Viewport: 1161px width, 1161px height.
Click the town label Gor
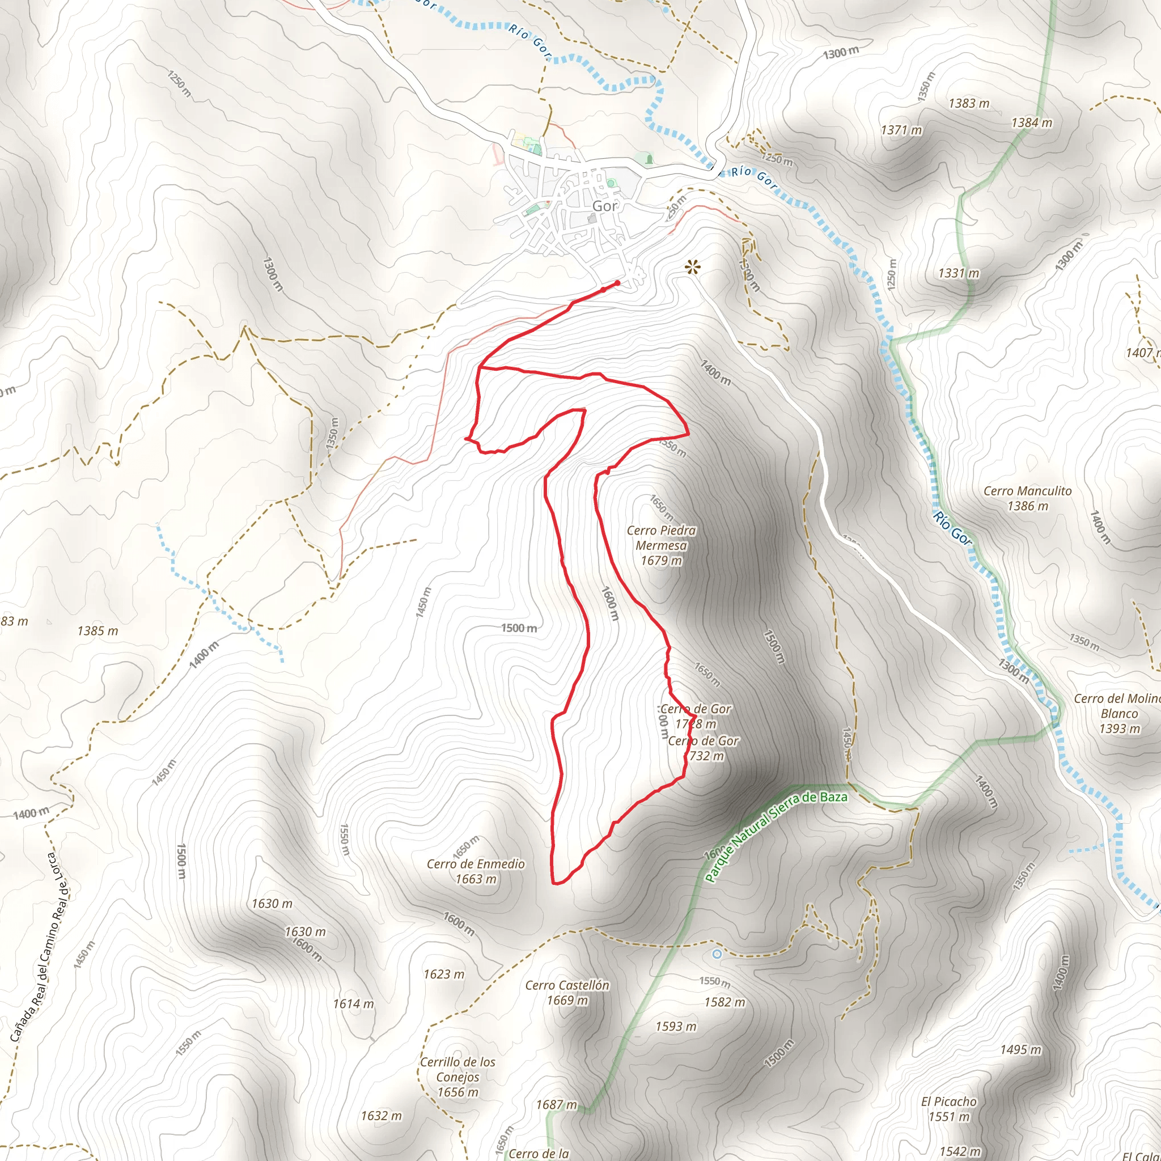604,206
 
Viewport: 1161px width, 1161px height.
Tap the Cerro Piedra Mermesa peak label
661,545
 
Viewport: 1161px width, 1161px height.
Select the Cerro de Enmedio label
475,871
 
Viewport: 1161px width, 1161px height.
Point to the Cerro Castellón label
567,993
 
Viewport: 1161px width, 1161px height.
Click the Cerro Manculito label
1027,498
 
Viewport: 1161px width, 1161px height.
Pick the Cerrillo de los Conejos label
457,1077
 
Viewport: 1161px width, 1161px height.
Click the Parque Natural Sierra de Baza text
776,839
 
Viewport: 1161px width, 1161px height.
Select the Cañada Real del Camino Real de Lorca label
39,950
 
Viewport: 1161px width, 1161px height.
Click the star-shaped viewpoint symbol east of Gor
693,266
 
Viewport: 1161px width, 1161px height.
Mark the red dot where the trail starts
617,283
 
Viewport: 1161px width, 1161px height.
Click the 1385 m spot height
98,631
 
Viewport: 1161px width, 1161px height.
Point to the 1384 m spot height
1032,123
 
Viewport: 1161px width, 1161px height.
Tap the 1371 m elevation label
901,130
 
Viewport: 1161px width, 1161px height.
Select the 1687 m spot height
557,1104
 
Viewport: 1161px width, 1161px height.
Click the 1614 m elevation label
353,1003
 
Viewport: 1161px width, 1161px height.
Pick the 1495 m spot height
1020,1050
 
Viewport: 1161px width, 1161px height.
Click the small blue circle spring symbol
717,954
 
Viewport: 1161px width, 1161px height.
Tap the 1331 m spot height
959,273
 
